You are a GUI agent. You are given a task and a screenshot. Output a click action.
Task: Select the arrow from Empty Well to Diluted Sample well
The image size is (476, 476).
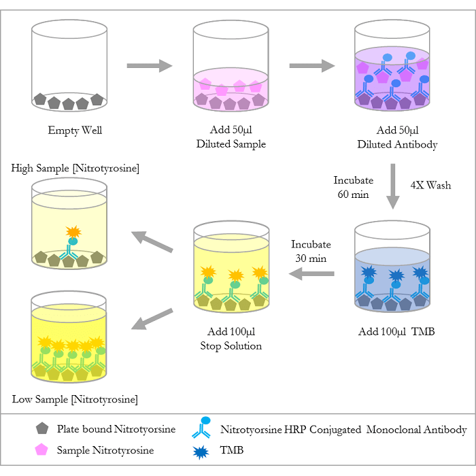click(150, 65)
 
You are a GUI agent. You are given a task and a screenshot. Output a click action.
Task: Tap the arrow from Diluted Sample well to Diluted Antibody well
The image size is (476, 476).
click(312, 65)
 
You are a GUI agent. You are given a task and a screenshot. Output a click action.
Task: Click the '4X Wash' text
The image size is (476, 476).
click(430, 185)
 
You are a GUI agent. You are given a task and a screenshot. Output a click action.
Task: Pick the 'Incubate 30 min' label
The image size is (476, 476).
click(310, 251)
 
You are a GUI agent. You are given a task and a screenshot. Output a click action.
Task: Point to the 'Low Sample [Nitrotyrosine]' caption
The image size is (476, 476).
click(75, 398)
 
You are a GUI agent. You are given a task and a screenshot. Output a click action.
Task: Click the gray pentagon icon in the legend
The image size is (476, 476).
click(42, 428)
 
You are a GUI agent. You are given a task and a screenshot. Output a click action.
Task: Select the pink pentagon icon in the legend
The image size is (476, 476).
click(42, 449)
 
